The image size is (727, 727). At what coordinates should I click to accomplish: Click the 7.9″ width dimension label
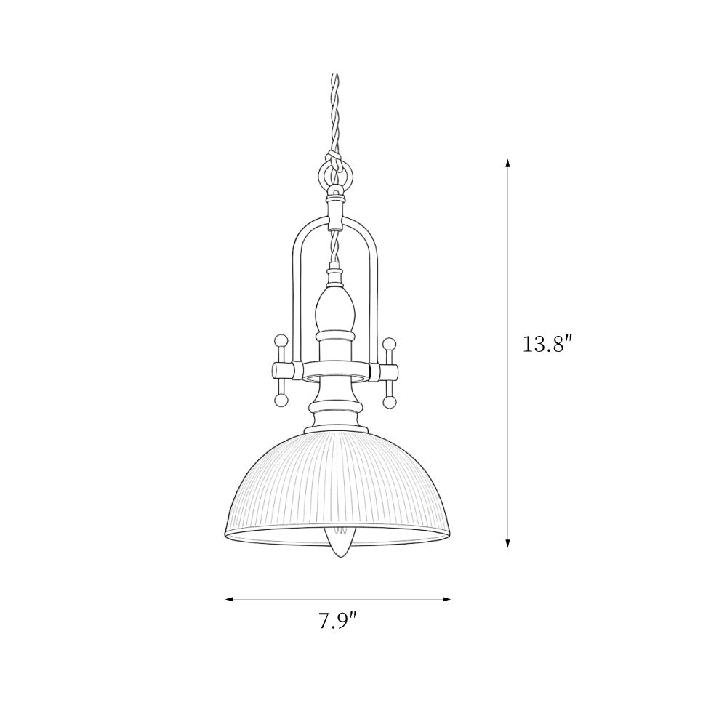pyautogui.click(x=338, y=621)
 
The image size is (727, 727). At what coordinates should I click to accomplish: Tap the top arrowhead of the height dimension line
pyautogui.click(x=507, y=164)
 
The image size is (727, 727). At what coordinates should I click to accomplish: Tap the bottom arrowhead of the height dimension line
pyautogui.click(x=507, y=543)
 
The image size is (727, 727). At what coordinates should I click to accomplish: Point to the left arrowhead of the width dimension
pyautogui.click(x=229, y=600)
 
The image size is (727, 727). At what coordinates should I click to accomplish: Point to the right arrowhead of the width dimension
pyautogui.click(x=446, y=600)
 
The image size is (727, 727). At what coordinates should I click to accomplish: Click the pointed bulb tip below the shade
pyautogui.click(x=340, y=555)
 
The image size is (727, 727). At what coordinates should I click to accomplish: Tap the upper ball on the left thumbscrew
pyautogui.click(x=280, y=341)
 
